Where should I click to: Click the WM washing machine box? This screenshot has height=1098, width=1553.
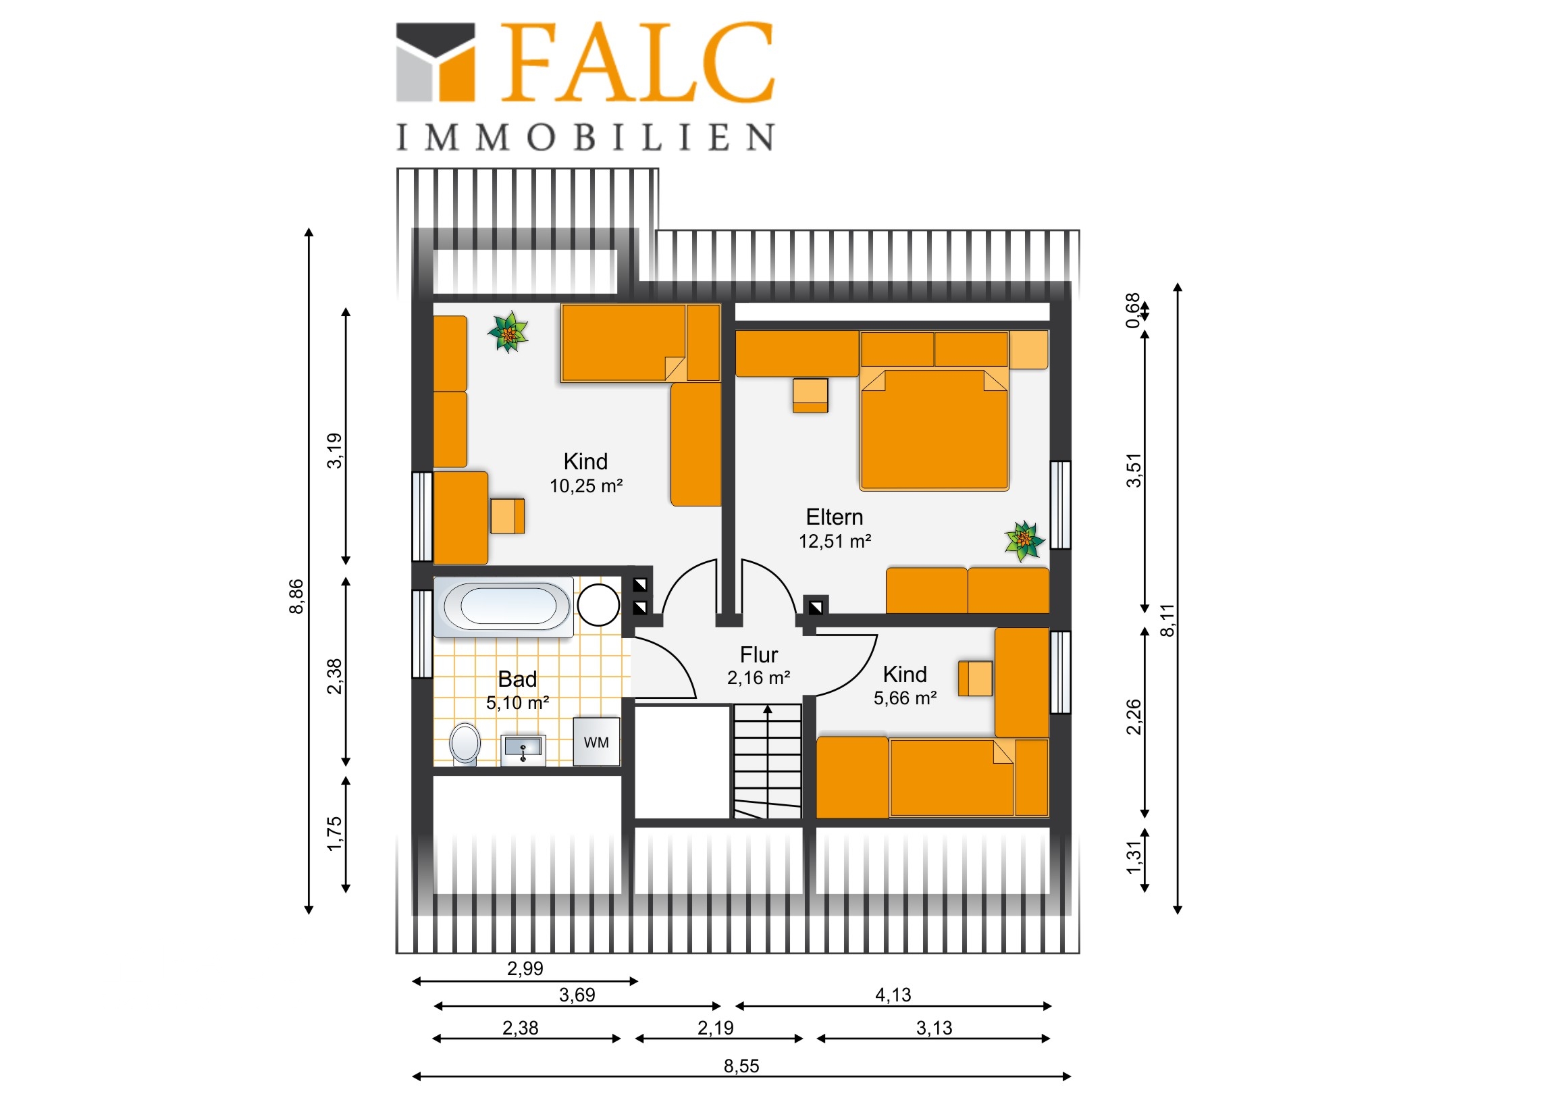point(596,741)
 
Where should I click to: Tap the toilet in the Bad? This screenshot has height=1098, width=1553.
point(465,743)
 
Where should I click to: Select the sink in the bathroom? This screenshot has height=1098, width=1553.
point(523,750)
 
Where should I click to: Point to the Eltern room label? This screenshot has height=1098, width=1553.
point(834,517)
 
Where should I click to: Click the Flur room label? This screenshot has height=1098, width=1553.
point(758,655)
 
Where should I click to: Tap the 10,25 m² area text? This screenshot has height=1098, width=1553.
point(586,486)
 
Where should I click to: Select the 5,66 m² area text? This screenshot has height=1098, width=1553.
point(905,698)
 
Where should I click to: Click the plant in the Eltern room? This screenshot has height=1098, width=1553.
point(1024,540)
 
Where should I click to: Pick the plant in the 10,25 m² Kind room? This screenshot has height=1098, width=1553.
point(508,332)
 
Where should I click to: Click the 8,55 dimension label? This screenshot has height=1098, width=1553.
point(741,1066)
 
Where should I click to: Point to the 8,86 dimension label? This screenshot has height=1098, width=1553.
point(296,596)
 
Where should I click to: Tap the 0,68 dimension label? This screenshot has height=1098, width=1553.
point(1132,311)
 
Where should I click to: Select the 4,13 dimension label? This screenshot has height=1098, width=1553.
point(893,995)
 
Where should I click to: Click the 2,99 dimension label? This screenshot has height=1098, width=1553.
point(525,969)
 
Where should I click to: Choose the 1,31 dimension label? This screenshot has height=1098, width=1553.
point(1134,857)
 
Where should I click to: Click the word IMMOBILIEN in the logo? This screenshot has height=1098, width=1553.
point(585,137)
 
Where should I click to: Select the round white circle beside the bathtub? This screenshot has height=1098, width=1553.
point(598,604)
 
